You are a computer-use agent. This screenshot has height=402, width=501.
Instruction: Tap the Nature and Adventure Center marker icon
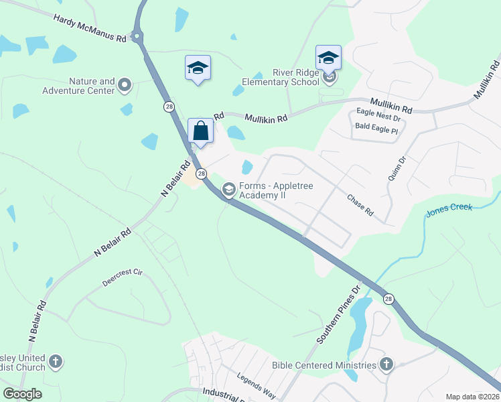click(125, 85)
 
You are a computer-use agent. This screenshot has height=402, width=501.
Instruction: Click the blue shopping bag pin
click(201, 131)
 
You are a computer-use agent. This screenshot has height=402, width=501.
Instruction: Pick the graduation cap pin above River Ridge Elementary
click(328, 58)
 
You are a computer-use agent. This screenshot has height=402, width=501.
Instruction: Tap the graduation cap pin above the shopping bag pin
click(198, 68)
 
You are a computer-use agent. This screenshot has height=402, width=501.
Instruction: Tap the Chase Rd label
click(360, 205)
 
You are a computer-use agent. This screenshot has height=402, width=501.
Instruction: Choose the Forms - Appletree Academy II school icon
click(228, 190)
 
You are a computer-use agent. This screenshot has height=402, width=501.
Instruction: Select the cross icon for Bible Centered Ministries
click(386, 364)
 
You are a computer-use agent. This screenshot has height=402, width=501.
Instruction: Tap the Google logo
click(23, 394)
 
